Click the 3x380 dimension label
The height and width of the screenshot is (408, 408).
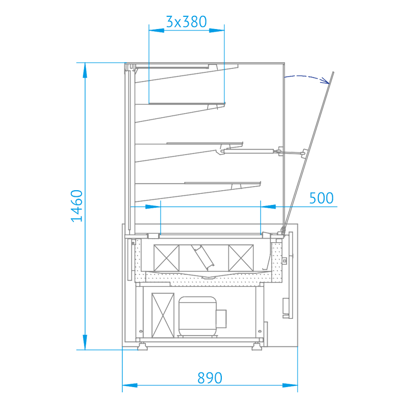[186, 21]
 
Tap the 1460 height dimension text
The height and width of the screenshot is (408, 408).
[77, 206]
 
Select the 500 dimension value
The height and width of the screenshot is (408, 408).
[321, 198]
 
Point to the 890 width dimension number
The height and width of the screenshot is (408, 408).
[210, 378]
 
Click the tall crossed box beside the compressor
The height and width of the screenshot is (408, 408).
[163, 315]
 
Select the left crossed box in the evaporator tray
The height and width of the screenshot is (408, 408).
[167, 258]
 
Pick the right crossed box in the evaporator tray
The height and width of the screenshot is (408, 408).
[241, 258]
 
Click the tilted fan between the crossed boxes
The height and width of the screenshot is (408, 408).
[203, 257]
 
